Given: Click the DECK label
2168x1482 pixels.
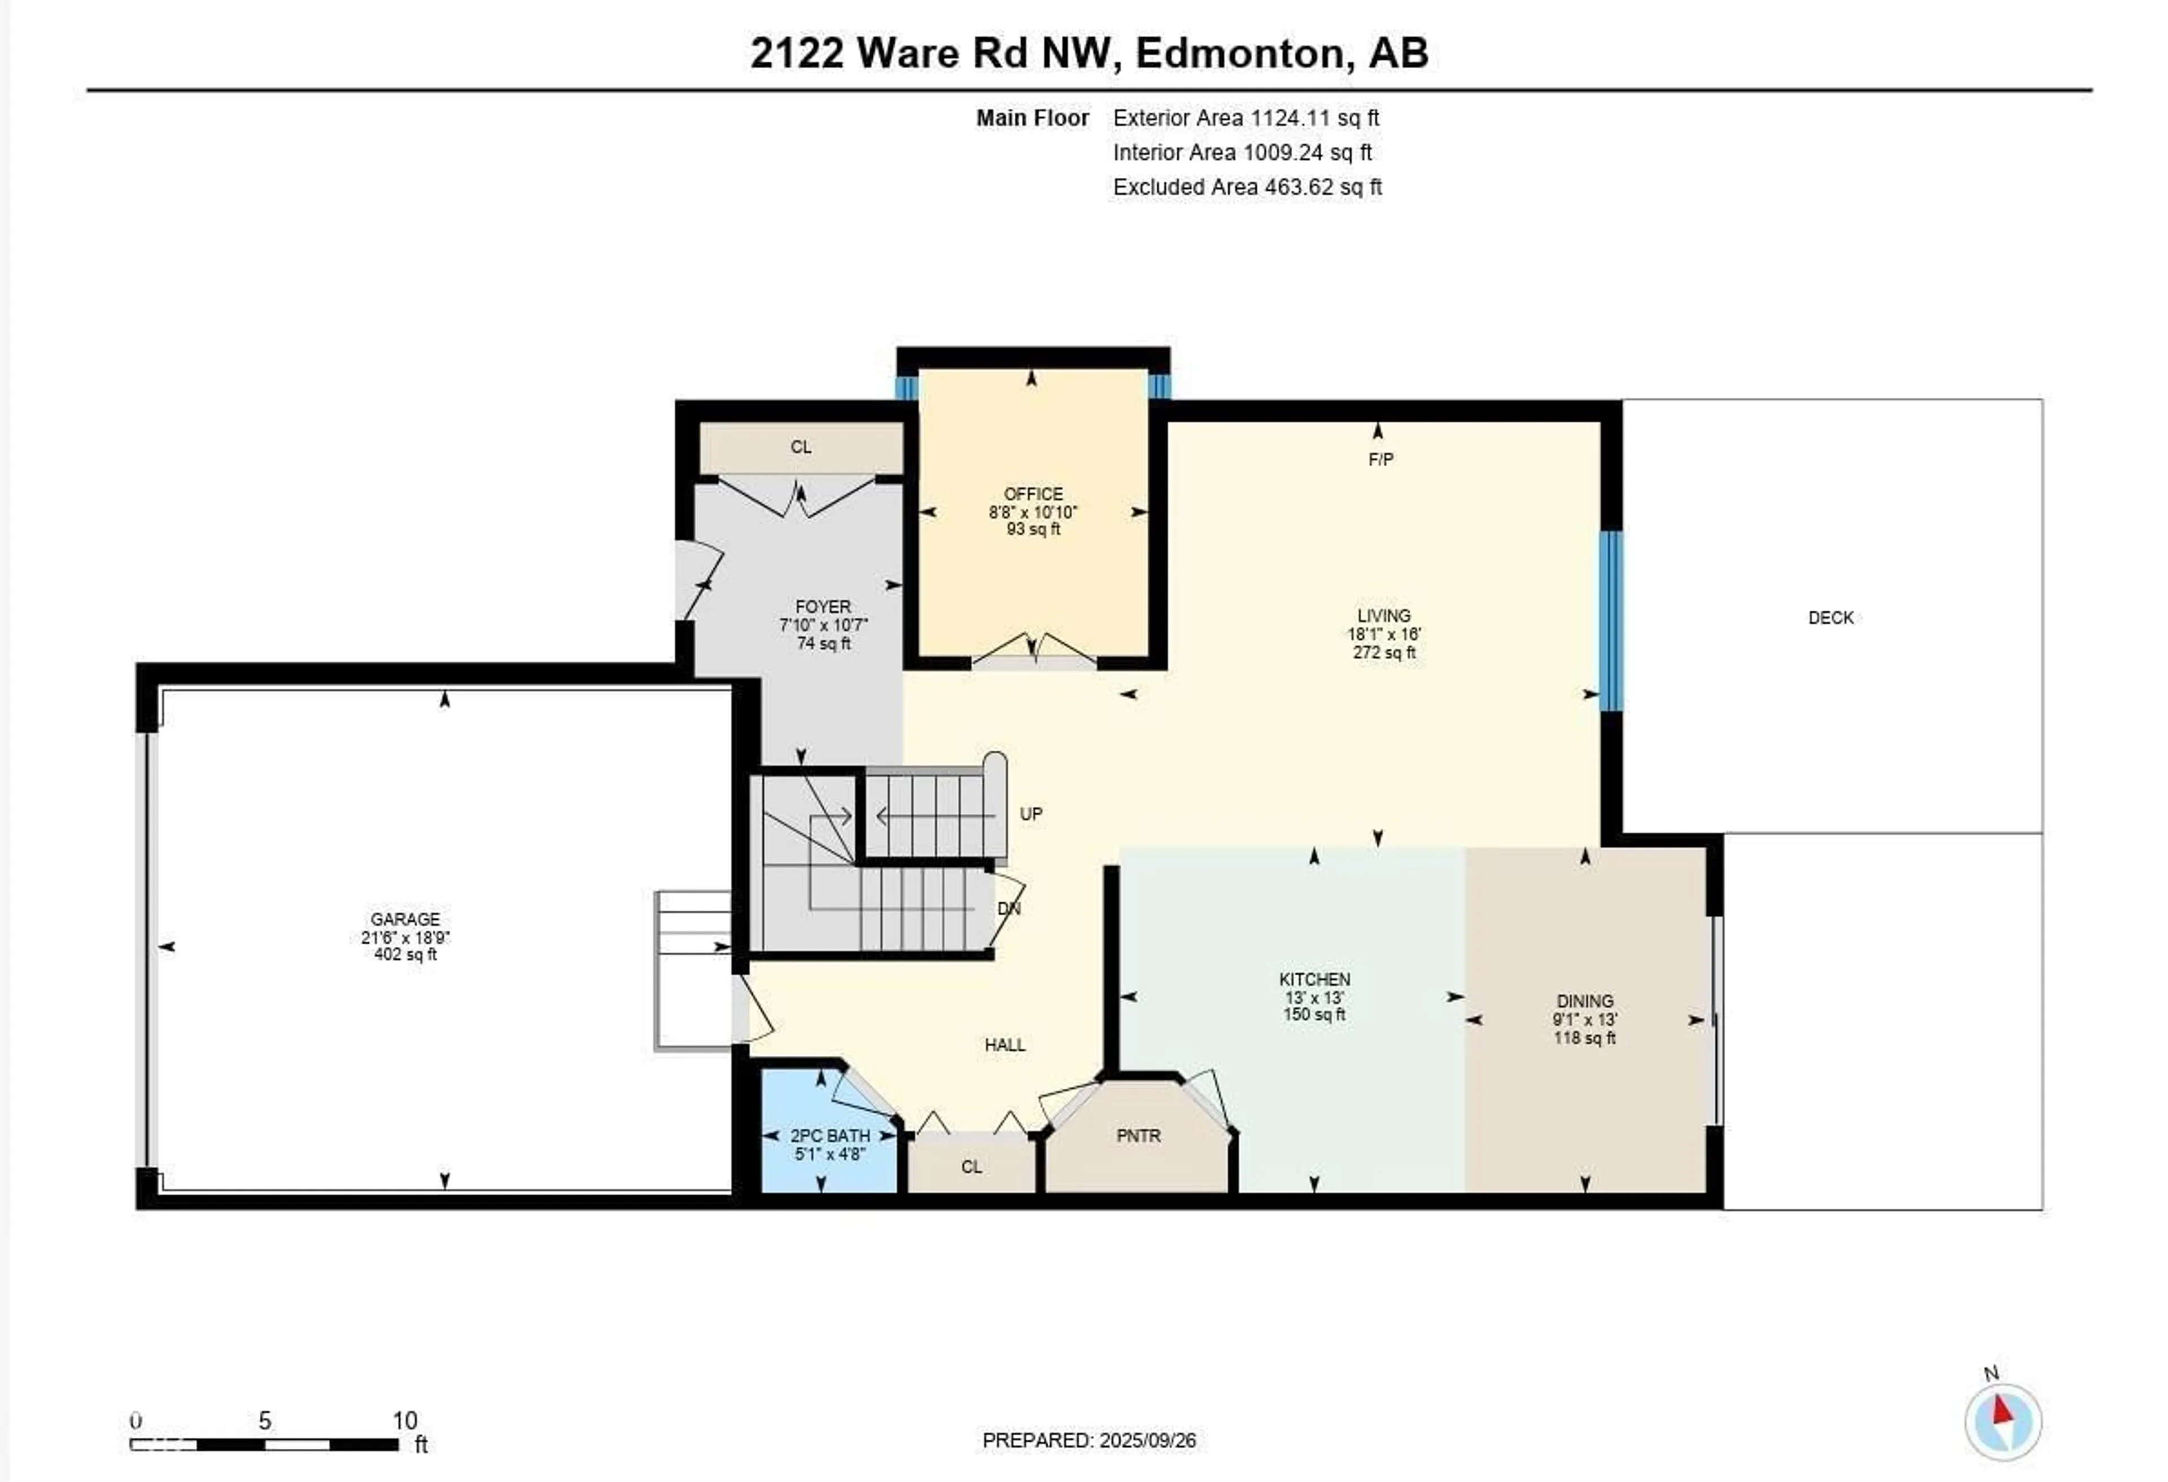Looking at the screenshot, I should (x=1830, y=617).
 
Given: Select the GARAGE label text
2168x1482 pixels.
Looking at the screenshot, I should (x=405, y=919).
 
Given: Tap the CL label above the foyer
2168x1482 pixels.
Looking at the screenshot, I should (x=801, y=448).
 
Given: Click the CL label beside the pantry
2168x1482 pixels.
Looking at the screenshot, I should (x=971, y=1167).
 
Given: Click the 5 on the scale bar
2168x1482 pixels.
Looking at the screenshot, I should (x=265, y=1420).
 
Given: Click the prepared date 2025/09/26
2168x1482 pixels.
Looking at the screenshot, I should (x=1147, y=1441).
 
